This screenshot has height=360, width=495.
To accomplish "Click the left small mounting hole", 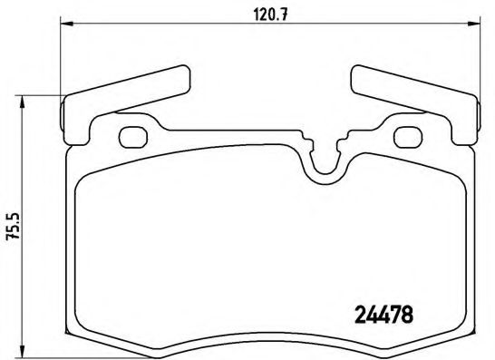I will pyautogui.click(x=132, y=137).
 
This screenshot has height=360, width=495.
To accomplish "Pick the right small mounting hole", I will pyautogui.click(x=411, y=137).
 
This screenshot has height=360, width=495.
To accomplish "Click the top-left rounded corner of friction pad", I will pyautogui.click(x=83, y=178).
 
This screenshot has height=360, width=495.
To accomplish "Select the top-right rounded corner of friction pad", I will pyautogui.click(x=461, y=178).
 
